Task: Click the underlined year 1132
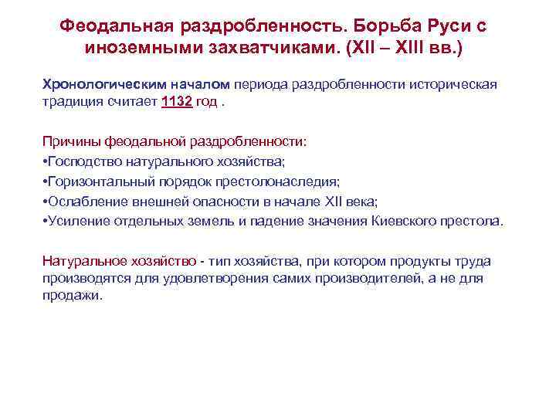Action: (x=177, y=103)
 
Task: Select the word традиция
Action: (x=72, y=103)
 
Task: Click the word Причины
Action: (x=71, y=142)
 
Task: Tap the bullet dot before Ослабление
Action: (x=44, y=202)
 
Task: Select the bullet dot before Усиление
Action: (x=44, y=221)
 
